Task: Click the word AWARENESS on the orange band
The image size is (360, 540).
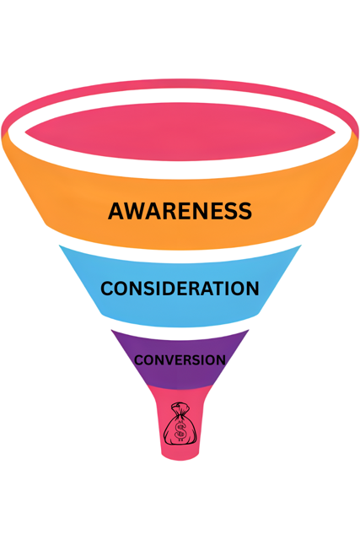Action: point(180,211)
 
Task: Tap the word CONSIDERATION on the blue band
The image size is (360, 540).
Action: point(180,289)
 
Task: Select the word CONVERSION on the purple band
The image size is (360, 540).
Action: point(180,360)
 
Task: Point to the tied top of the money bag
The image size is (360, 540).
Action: point(180,408)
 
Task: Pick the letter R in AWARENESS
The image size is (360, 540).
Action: point(174,211)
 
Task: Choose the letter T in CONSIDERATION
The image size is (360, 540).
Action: point(217,289)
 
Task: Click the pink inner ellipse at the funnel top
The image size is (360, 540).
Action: point(180,132)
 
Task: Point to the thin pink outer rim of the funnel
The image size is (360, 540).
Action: point(180,84)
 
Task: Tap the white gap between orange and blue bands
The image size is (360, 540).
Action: point(180,255)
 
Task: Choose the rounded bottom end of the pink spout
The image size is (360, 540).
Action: point(180,456)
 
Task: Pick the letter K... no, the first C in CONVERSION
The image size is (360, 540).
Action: point(139,360)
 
